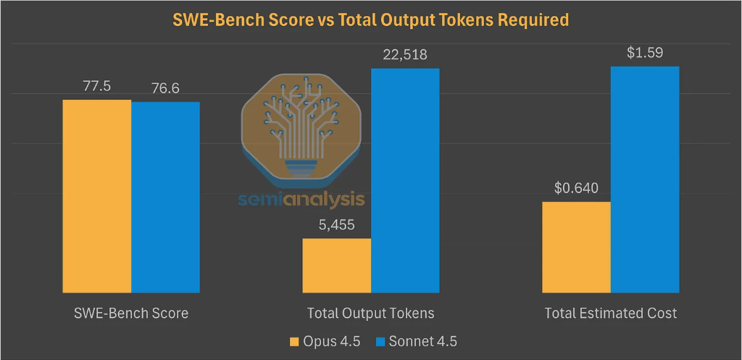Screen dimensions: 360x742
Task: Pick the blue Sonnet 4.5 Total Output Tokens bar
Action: click(405, 177)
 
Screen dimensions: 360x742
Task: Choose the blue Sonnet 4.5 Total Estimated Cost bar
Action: click(645, 177)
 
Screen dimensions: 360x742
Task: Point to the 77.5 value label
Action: click(97, 86)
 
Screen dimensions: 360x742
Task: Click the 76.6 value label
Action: click(166, 88)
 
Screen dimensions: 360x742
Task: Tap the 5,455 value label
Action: click(337, 225)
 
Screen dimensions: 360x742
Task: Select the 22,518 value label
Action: click(405, 55)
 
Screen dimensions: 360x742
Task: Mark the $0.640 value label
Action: click(576, 188)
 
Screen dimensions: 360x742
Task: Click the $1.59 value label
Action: click(645, 53)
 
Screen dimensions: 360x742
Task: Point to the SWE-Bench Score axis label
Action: click(131, 314)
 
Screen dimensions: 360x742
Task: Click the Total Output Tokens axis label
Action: click(371, 314)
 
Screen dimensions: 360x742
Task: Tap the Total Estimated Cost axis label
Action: click(611, 314)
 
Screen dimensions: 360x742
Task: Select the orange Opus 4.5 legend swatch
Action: click(293, 340)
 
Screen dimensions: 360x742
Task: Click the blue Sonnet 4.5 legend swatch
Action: click(381, 340)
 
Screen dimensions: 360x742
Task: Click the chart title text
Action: click(370, 20)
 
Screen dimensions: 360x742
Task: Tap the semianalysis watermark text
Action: click(301, 199)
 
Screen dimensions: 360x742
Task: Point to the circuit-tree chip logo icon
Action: click(301, 130)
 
